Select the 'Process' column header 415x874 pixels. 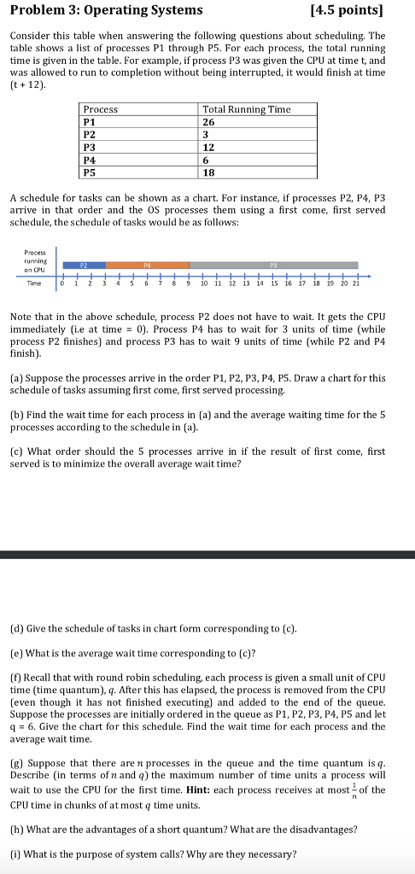click(101, 109)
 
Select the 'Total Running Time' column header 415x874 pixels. click(246, 109)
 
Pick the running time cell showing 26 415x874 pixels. click(210, 122)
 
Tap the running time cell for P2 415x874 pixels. click(207, 134)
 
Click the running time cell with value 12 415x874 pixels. click(210, 147)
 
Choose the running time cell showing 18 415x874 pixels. click(210, 172)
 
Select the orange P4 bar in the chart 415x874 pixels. click(147, 265)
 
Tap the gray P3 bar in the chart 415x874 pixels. click(273, 265)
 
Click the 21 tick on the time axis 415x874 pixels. click(356, 283)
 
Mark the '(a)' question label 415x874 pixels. click(16, 377)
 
